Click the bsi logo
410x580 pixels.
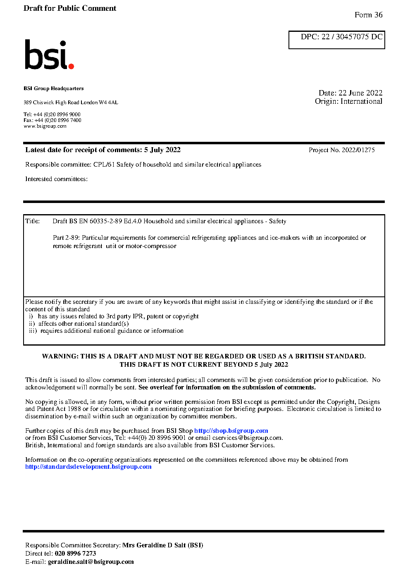(49, 55)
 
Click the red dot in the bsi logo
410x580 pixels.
(71, 66)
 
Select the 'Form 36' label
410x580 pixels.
(368, 15)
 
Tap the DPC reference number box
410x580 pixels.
(336, 40)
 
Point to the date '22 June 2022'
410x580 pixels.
(360, 93)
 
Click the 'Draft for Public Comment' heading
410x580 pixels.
(70, 8)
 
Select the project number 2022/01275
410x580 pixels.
(358, 150)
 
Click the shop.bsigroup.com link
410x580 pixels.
(231, 431)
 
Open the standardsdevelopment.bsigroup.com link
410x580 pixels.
(88, 467)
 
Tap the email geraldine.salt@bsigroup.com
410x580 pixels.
(91, 562)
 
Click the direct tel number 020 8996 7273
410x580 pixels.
(75, 554)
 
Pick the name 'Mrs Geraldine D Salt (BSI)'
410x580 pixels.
(162, 545)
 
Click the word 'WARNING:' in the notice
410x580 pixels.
(60, 356)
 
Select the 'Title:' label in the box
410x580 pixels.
(33, 221)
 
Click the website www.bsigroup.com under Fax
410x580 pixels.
(45, 126)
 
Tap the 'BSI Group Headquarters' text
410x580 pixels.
(53, 88)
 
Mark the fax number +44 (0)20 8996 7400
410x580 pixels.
(58, 120)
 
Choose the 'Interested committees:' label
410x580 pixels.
(56, 179)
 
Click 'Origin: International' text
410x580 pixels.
(348, 101)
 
